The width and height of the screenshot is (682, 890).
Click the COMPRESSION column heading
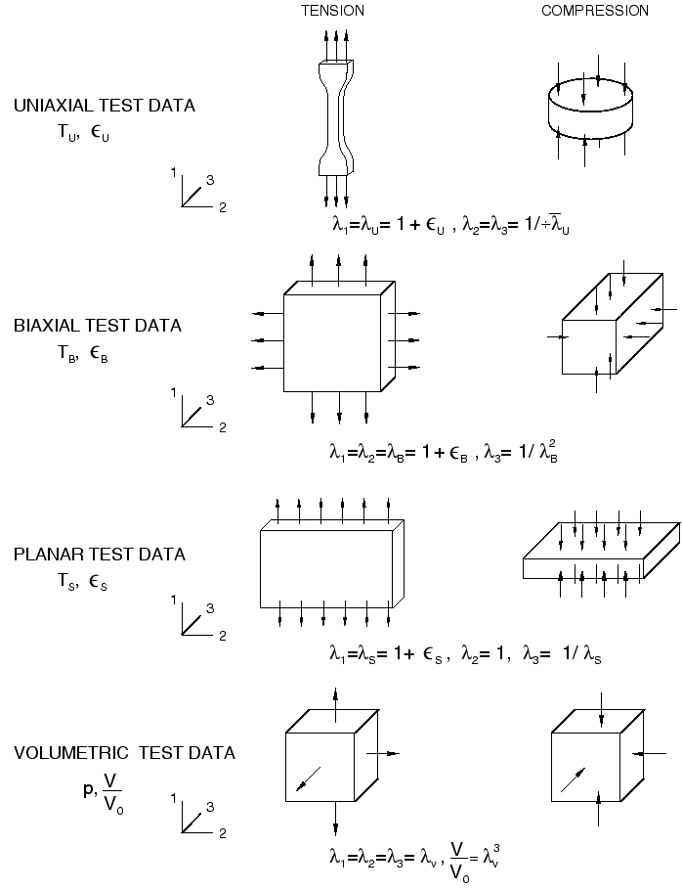[x=595, y=11]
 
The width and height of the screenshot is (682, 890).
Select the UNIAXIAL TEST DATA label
[x=105, y=106]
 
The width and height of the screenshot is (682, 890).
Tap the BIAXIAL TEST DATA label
[x=98, y=326]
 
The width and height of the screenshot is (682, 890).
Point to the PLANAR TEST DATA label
[x=100, y=555]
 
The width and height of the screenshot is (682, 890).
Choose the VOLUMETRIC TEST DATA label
[x=124, y=753]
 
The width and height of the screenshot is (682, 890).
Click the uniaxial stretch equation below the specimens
[x=450, y=225]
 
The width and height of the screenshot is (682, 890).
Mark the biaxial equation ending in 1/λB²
[x=443, y=454]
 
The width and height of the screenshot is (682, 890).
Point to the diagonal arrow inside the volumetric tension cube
[x=307, y=779]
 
